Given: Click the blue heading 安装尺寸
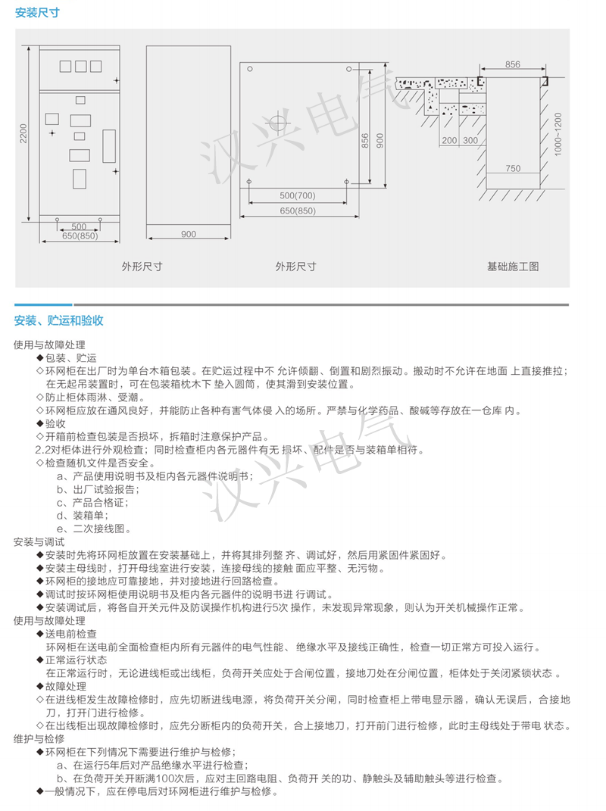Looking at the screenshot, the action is coord(37,12).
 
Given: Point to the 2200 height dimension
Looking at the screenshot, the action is coord(23,133).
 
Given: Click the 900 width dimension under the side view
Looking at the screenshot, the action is coord(189,234).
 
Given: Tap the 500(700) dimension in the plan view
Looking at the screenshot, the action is coord(298,195).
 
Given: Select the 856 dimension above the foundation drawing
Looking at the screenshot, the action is coord(512,64).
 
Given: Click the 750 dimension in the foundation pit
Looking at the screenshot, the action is coord(513,168).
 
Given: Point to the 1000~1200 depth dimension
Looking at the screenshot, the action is coord(558,133).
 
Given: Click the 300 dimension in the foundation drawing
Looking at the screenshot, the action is coord(470,140).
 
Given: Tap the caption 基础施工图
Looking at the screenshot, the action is coord(513,267).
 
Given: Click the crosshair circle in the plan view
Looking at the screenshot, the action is coord(277,124).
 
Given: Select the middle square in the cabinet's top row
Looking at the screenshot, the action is coord(81,66).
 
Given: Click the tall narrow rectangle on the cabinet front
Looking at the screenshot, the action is coord(109,146).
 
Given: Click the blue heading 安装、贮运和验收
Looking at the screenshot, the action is coord(58,320).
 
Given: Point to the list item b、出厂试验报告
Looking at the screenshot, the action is coord(98,489).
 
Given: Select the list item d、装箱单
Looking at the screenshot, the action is coord(83,516).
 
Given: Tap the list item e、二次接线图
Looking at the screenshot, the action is coord(94,529).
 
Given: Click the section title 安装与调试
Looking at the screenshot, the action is coord(39,542).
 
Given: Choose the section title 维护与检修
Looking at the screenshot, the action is coord(39,738).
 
